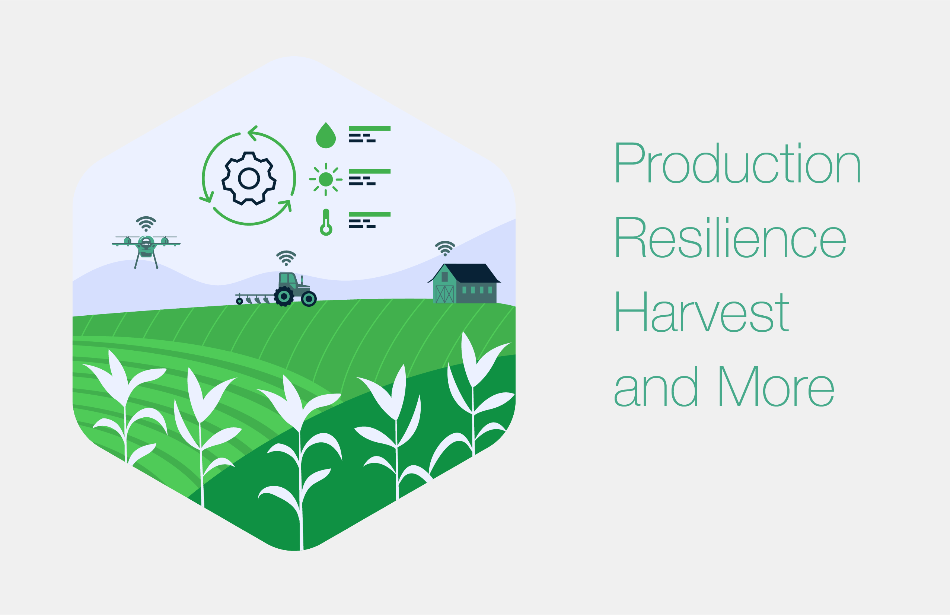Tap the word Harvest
coord(701,312)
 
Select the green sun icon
coord(326,179)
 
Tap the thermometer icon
coord(326,223)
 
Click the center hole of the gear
coord(249,178)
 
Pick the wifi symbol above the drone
coord(146,224)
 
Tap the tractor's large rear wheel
coord(284,297)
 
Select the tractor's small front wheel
coord(309,299)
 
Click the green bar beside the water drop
coord(370,128)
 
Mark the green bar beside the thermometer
coord(370,214)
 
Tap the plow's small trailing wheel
coord(239,301)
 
